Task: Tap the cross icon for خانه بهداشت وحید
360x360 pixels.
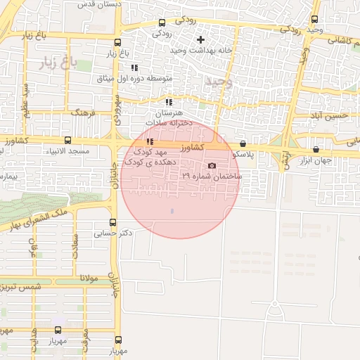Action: coord(201,39)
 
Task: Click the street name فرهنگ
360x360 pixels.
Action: coord(83,112)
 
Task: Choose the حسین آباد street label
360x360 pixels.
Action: coord(330,115)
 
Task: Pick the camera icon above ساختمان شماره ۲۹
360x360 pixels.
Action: coord(212,166)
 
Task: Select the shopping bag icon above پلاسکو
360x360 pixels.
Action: coord(243,143)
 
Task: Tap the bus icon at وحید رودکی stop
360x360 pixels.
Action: coord(314,20)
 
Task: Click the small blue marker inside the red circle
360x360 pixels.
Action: coord(172,211)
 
